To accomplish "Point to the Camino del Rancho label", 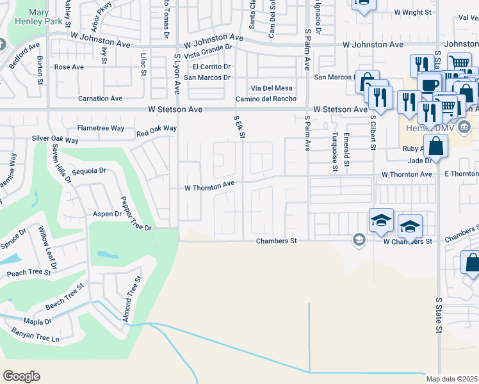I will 266,99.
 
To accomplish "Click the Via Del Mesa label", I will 271,88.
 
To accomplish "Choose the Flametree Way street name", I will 101,128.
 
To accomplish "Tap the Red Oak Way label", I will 156,131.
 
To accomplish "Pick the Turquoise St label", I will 334,152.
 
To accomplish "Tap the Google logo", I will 21,376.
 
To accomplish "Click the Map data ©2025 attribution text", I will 452,379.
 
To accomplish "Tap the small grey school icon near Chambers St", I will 358,240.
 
